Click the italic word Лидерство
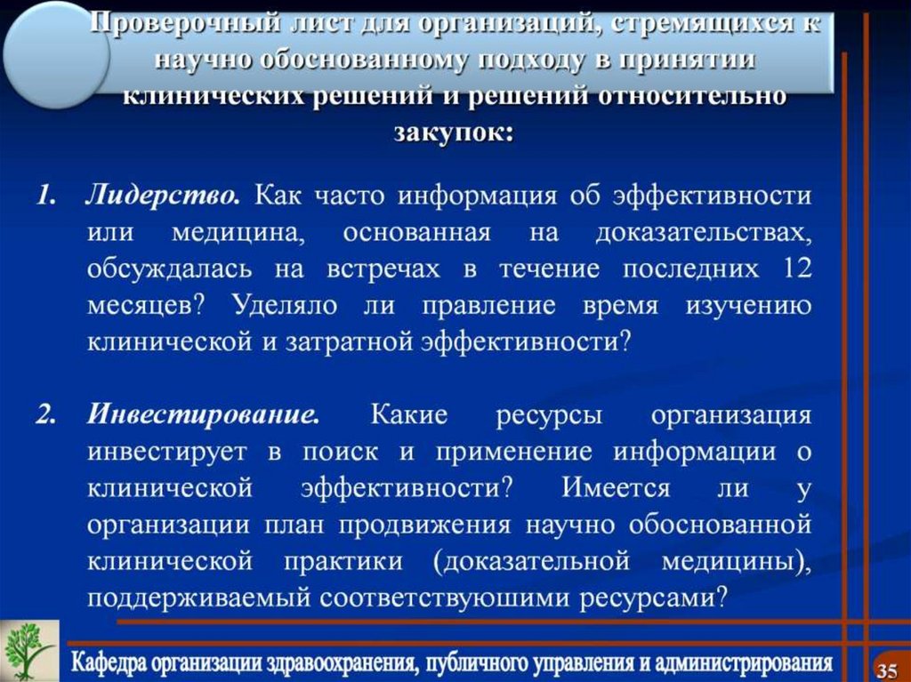pos(162,195)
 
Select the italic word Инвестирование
pos(203,414)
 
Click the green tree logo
pos(28,650)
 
